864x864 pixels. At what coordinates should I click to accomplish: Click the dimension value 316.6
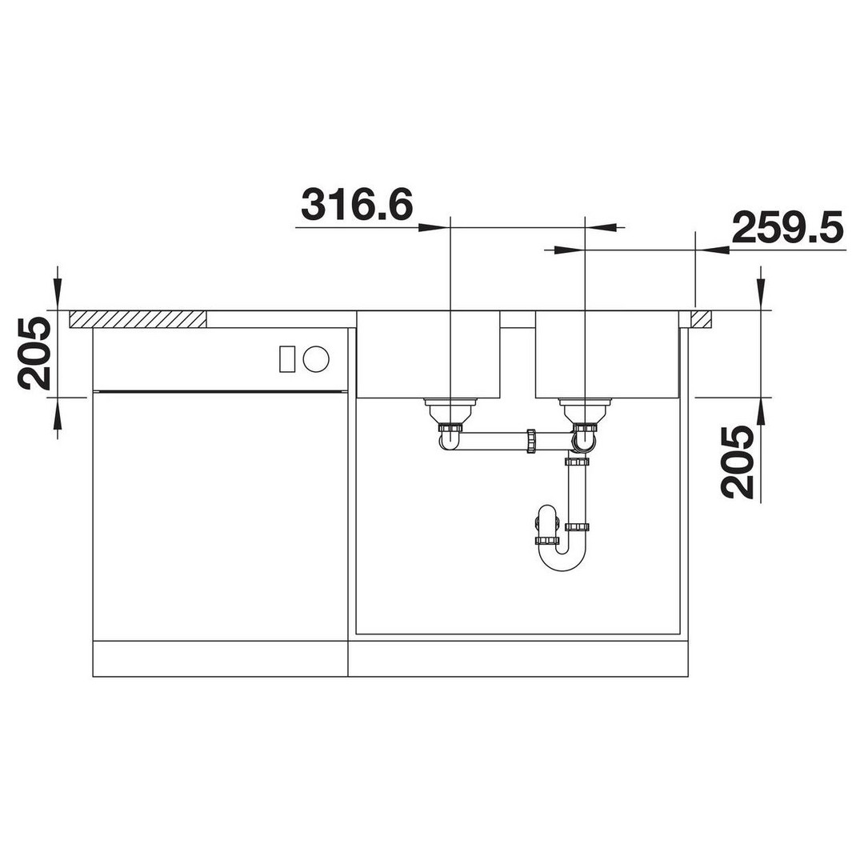(357, 205)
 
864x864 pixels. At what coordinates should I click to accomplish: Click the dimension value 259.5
(787, 227)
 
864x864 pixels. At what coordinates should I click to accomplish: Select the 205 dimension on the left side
(34, 354)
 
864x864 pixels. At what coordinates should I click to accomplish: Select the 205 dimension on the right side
(738, 462)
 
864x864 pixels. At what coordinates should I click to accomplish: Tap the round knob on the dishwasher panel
(316, 358)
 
